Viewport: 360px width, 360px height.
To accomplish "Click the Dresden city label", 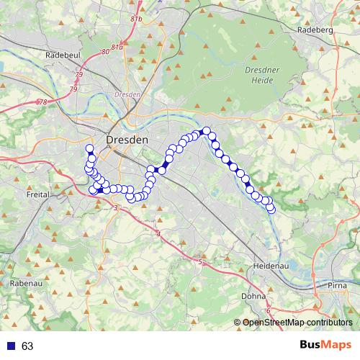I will (x=127, y=139).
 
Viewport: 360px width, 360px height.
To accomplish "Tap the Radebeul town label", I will (x=60, y=54).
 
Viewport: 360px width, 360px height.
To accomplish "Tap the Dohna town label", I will (x=253, y=295).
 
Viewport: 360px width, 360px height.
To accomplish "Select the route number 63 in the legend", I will (x=27, y=346).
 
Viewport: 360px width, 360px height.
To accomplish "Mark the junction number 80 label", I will (x=105, y=52).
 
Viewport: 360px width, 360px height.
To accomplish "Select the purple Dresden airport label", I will (x=127, y=94).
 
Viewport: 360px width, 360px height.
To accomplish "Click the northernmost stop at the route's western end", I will (x=89, y=149).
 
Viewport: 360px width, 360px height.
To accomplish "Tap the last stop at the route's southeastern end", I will (x=271, y=210).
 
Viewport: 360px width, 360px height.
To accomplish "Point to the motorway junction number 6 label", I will (x=268, y=310).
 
